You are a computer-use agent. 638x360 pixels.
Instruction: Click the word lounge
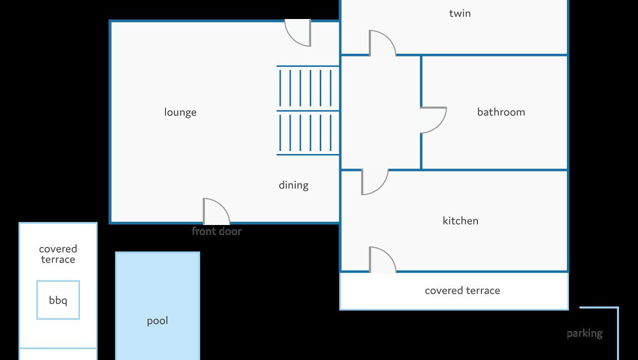coord(180,112)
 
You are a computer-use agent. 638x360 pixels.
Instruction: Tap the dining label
coord(293,185)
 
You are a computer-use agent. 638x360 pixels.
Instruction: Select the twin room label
coord(459,13)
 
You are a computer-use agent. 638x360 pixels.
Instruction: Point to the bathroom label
coord(501,112)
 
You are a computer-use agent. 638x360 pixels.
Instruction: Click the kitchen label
coord(460,220)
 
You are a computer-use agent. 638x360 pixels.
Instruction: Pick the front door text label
coord(216,231)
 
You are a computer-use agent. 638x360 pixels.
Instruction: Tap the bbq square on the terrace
coord(58,300)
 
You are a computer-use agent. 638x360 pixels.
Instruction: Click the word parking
coord(584,333)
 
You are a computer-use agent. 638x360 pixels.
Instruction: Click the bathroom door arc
coord(433,120)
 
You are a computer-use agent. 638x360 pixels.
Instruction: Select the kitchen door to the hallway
coord(374,181)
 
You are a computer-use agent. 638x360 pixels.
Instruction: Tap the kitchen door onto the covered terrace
coord(382,260)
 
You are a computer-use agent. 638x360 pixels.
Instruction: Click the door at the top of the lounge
coord(298,33)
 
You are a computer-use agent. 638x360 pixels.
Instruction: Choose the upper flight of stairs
coord(308,88)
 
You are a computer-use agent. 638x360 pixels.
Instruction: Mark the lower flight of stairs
coord(308,132)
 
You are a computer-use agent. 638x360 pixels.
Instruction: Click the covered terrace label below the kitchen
coord(462,290)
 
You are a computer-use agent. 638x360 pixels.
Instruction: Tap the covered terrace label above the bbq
coord(58,254)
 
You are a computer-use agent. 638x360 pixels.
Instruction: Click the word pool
coord(157,320)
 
